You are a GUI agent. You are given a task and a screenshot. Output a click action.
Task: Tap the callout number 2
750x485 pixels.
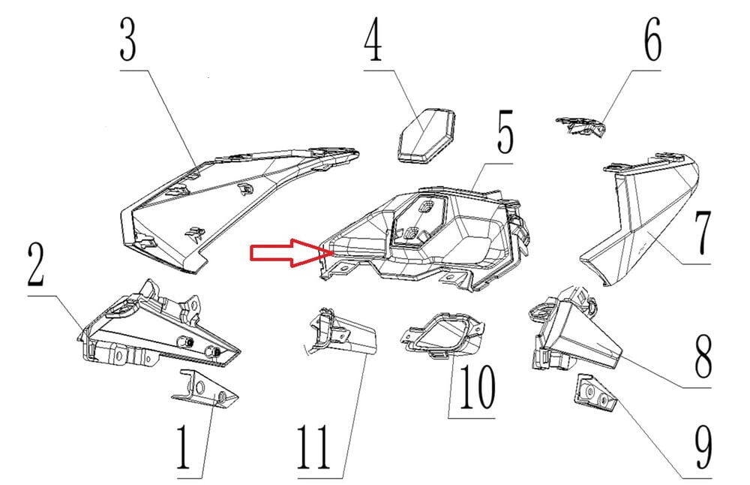tap(36, 264)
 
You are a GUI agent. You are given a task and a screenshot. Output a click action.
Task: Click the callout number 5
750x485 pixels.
tap(504, 131)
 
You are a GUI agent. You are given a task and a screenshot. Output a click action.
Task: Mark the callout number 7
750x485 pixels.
tap(703, 233)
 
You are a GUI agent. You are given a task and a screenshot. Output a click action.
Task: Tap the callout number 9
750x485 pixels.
tap(703, 447)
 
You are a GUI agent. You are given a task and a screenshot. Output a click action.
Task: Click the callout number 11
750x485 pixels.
tap(313, 447)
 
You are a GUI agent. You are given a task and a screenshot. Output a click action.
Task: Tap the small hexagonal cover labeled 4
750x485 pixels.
tap(426, 135)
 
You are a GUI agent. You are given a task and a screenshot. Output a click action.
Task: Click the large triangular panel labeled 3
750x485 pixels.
tap(239, 209)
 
